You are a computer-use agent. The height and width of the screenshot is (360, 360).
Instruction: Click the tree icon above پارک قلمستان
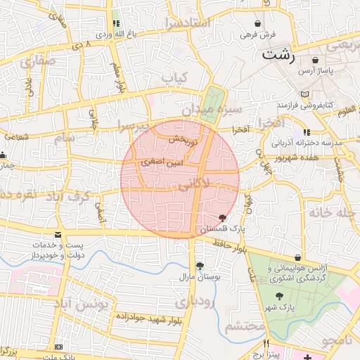click(223, 218)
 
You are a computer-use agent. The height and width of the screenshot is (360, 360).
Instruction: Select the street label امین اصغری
click(162, 162)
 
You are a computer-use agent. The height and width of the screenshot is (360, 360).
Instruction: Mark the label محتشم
click(245, 326)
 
